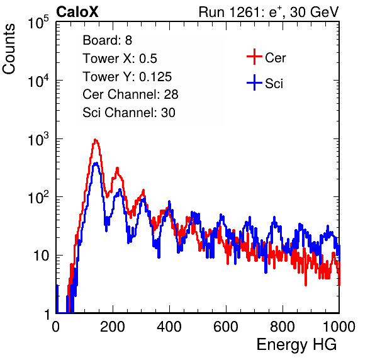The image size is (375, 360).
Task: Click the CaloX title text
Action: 77,12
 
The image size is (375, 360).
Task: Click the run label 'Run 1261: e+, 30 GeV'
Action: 269,12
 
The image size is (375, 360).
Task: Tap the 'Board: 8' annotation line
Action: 107,40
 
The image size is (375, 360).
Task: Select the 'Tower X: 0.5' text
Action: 120,59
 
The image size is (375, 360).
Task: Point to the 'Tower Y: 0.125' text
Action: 127,77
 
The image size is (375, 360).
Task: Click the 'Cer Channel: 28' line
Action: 130,94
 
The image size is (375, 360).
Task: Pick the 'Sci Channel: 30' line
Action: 129,113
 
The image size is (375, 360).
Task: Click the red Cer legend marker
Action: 254,57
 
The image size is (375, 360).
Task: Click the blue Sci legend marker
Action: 254,82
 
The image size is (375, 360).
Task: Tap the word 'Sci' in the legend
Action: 274,84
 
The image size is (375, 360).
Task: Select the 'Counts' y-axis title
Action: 9,49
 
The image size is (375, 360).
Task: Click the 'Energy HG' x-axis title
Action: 296,345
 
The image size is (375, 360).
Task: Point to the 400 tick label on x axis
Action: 169,327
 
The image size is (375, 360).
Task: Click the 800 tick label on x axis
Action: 283,327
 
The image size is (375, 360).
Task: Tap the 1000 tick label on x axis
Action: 339,327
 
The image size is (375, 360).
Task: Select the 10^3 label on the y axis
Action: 38,139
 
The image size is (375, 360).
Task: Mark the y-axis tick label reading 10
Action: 42,256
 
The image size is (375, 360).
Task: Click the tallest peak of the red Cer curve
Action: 95,140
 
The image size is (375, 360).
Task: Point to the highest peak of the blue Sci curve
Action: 96,163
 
